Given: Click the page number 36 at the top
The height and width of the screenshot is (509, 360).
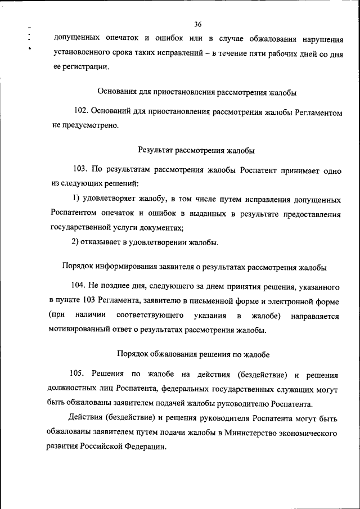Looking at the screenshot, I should [197, 24].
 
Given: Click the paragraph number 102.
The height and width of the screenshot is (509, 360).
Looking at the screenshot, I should [82, 112].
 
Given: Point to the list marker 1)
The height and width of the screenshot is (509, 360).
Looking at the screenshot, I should [78, 200].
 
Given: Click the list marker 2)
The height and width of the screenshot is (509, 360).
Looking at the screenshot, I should [78, 242].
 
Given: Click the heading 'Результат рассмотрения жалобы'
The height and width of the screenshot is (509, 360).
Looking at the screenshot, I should [196, 150].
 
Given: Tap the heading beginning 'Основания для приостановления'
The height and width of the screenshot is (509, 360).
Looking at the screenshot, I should [197, 92].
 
